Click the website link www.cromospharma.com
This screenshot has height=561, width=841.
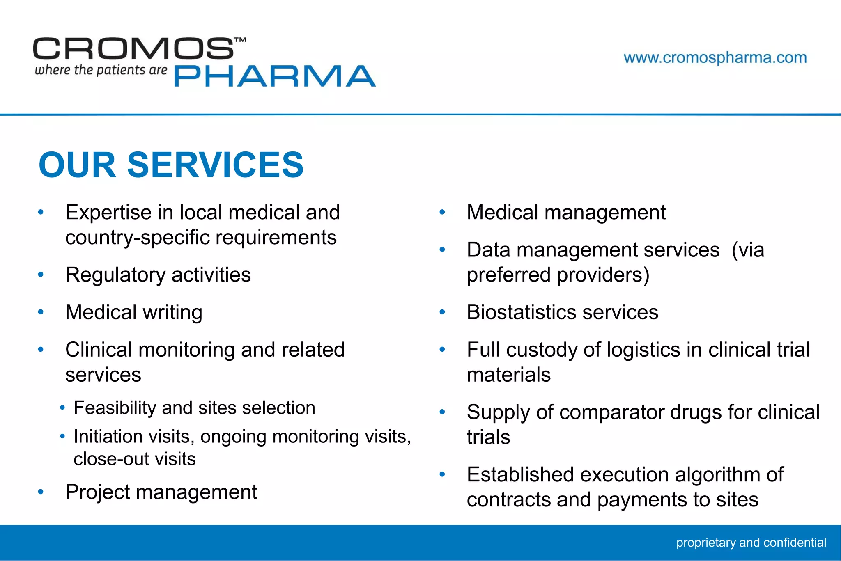pos(715,58)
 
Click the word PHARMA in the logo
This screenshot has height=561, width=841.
pos(275,76)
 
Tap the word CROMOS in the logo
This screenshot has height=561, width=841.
pos(133,49)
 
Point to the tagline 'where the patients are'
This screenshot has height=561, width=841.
pos(101,70)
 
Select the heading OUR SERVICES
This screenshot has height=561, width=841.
pos(171,165)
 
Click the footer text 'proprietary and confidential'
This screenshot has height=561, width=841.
pos(751,543)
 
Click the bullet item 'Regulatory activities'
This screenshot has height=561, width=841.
pos(158,275)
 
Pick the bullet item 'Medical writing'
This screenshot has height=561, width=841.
pos(133,312)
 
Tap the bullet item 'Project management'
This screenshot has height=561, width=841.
pos(161,492)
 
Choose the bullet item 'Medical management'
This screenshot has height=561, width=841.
pos(566,213)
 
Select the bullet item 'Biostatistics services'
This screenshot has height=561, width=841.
pos(562,312)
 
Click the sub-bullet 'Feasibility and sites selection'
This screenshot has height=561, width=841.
pos(194,408)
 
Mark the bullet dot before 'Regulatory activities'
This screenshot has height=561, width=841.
pos(41,275)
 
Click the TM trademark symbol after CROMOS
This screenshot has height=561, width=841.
pos(240,40)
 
